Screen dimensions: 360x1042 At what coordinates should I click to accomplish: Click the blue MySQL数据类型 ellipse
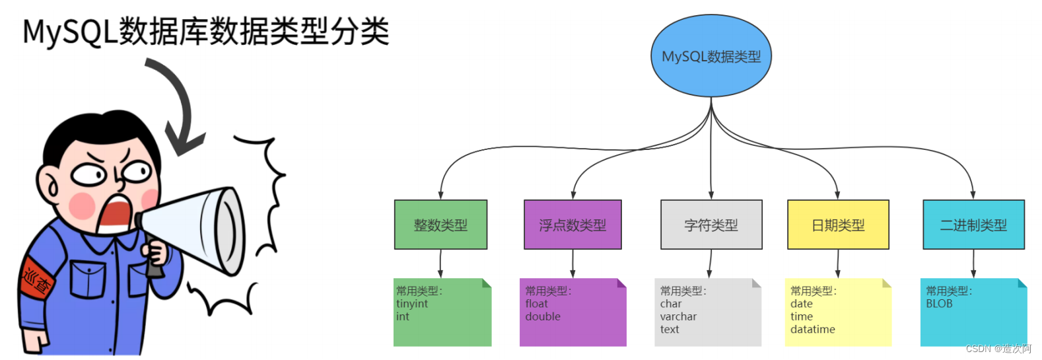pos(711,56)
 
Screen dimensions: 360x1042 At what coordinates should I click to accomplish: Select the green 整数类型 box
pos(440,225)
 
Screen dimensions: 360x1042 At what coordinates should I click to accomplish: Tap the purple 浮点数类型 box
pos(573,225)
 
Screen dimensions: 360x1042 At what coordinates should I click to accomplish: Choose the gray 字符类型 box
pos(711,225)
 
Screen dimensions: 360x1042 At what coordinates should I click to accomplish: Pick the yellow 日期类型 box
pos(838,225)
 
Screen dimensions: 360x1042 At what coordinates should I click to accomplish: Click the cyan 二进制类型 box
pos(973,225)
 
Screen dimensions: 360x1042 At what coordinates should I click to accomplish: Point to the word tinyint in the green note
pos(412,304)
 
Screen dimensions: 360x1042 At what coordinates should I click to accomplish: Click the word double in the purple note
pos(543,316)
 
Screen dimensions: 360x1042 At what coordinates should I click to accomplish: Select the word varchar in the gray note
pos(678,316)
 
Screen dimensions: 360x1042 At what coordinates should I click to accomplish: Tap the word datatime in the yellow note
pos(812,329)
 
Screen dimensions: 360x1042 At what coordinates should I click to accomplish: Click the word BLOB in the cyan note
pos(939,304)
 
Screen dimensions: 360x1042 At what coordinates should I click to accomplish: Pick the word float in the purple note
pos(536,304)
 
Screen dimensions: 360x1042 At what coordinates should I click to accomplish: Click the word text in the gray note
pos(669,329)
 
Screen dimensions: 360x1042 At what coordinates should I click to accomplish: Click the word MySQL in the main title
pos(70,32)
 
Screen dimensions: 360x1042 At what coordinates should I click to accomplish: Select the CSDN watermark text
pos(998,349)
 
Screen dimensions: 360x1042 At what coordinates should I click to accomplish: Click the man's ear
pos(50,185)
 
